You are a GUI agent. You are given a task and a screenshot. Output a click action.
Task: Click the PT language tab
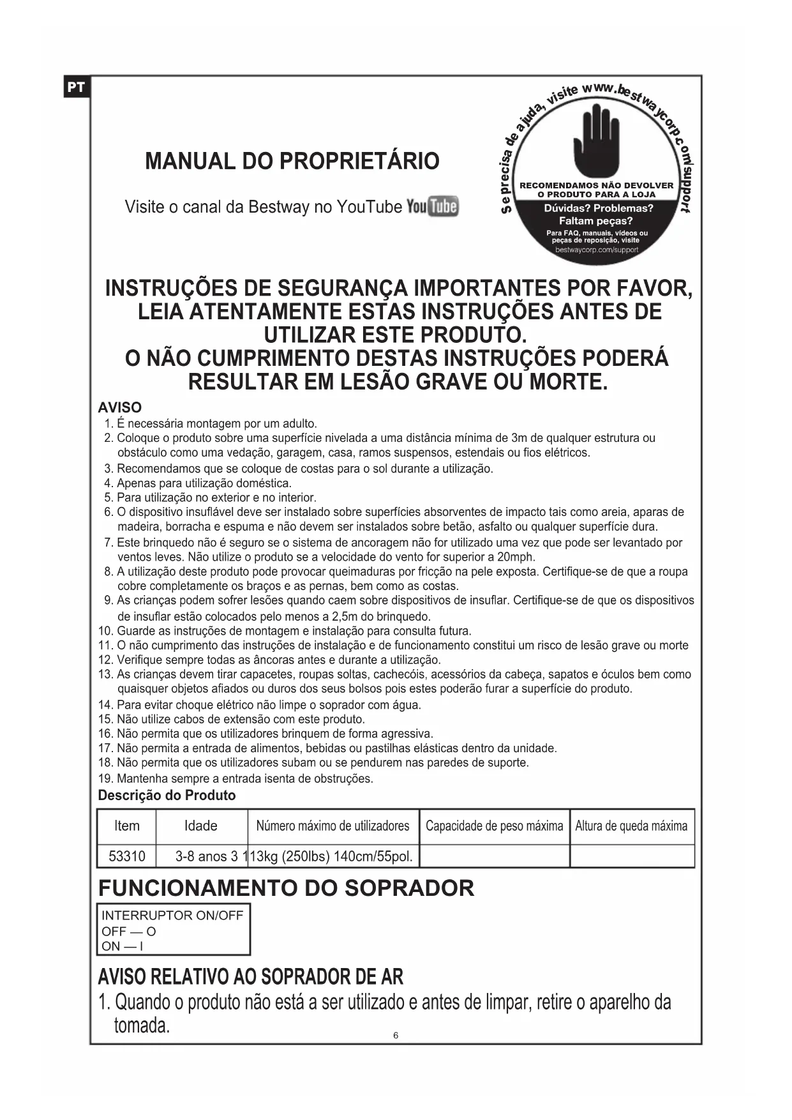[76, 87]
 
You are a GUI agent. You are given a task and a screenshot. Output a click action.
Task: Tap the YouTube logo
[432, 206]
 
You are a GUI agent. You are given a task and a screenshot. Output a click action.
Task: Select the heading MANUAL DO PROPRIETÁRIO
[292, 161]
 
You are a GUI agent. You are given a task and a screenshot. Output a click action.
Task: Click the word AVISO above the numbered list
[120, 407]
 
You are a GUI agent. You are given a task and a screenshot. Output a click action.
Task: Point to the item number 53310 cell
[126, 856]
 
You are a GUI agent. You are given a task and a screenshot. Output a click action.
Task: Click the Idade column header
[201, 826]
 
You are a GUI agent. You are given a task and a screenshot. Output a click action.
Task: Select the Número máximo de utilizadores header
[332, 826]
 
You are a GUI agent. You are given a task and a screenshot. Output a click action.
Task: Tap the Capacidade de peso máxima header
[494, 826]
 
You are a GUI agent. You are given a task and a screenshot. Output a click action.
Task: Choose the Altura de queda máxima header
[631, 826]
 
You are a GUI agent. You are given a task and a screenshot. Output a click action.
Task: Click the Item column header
[126, 826]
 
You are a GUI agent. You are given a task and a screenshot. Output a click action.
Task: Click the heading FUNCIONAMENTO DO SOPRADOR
[286, 888]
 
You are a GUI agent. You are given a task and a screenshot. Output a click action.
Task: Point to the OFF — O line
[129, 931]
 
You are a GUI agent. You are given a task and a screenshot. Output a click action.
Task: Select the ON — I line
[123, 946]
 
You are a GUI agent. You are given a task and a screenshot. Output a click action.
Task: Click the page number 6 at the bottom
[396, 1035]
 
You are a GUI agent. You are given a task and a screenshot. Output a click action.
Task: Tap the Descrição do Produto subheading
[167, 796]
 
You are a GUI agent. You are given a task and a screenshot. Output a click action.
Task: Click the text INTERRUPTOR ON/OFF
[172, 916]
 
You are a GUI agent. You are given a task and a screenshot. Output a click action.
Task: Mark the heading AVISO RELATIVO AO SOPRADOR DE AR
[250, 977]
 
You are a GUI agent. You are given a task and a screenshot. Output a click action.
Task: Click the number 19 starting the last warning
[105, 778]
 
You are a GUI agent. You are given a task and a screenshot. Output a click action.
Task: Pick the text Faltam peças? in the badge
[595, 221]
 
